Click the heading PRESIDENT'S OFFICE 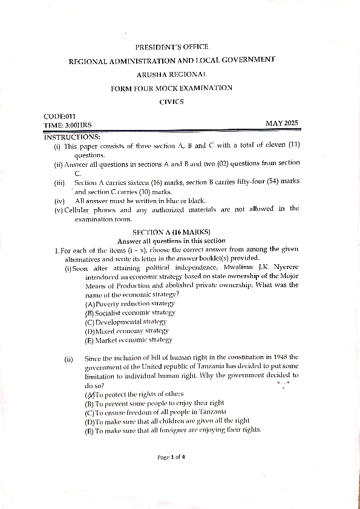coord(171,47)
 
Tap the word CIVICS coord(171,102)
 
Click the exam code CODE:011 coord(59,116)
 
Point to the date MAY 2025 coord(282,124)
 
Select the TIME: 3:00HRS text coord(66,125)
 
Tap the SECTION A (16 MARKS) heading coord(171,232)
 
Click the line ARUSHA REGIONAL coord(171,74)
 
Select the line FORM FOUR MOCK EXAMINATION coord(171,88)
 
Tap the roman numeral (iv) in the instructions coord(59,201)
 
